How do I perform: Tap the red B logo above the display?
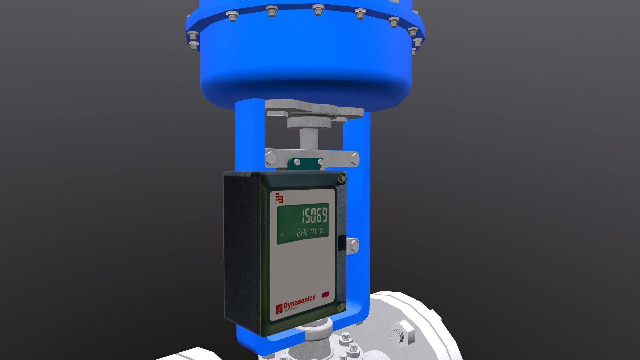pyautogui.click(x=280, y=198)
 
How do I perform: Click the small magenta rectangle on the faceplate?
pyautogui.click(x=325, y=294)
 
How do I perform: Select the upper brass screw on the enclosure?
pyautogui.click(x=342, y=179)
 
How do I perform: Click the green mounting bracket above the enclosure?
pyautogui.click(x=305, y=163)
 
